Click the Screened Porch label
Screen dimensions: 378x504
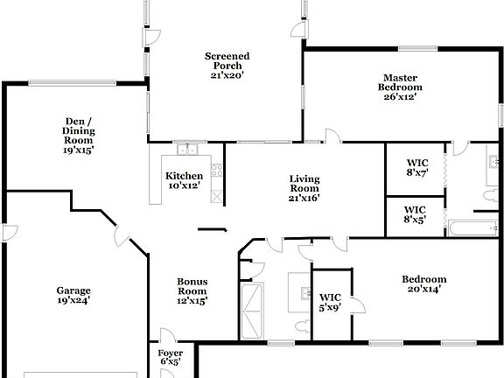tap(227, 65)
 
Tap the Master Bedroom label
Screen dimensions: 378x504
tap(400, 87)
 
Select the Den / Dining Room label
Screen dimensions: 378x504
tap(79, 136)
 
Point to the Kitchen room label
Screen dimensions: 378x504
tap(184, 180)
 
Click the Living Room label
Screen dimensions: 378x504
tap(304, 188)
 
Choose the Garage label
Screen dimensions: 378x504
tap(73, 295)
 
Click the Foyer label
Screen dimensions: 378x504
tap(170, 357)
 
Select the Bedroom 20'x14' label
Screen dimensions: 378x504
tap(423, 284)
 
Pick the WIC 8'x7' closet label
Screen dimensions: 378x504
tap(416, 167)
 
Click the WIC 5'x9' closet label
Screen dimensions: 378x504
tap(330, 302)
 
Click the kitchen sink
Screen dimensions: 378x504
tap(186, 148)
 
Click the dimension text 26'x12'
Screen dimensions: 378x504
tap(400, 97)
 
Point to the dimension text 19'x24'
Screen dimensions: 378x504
tap(73, 300)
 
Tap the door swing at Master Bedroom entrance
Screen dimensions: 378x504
tap(332, 136)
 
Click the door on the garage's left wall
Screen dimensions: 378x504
tap(8, 232)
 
